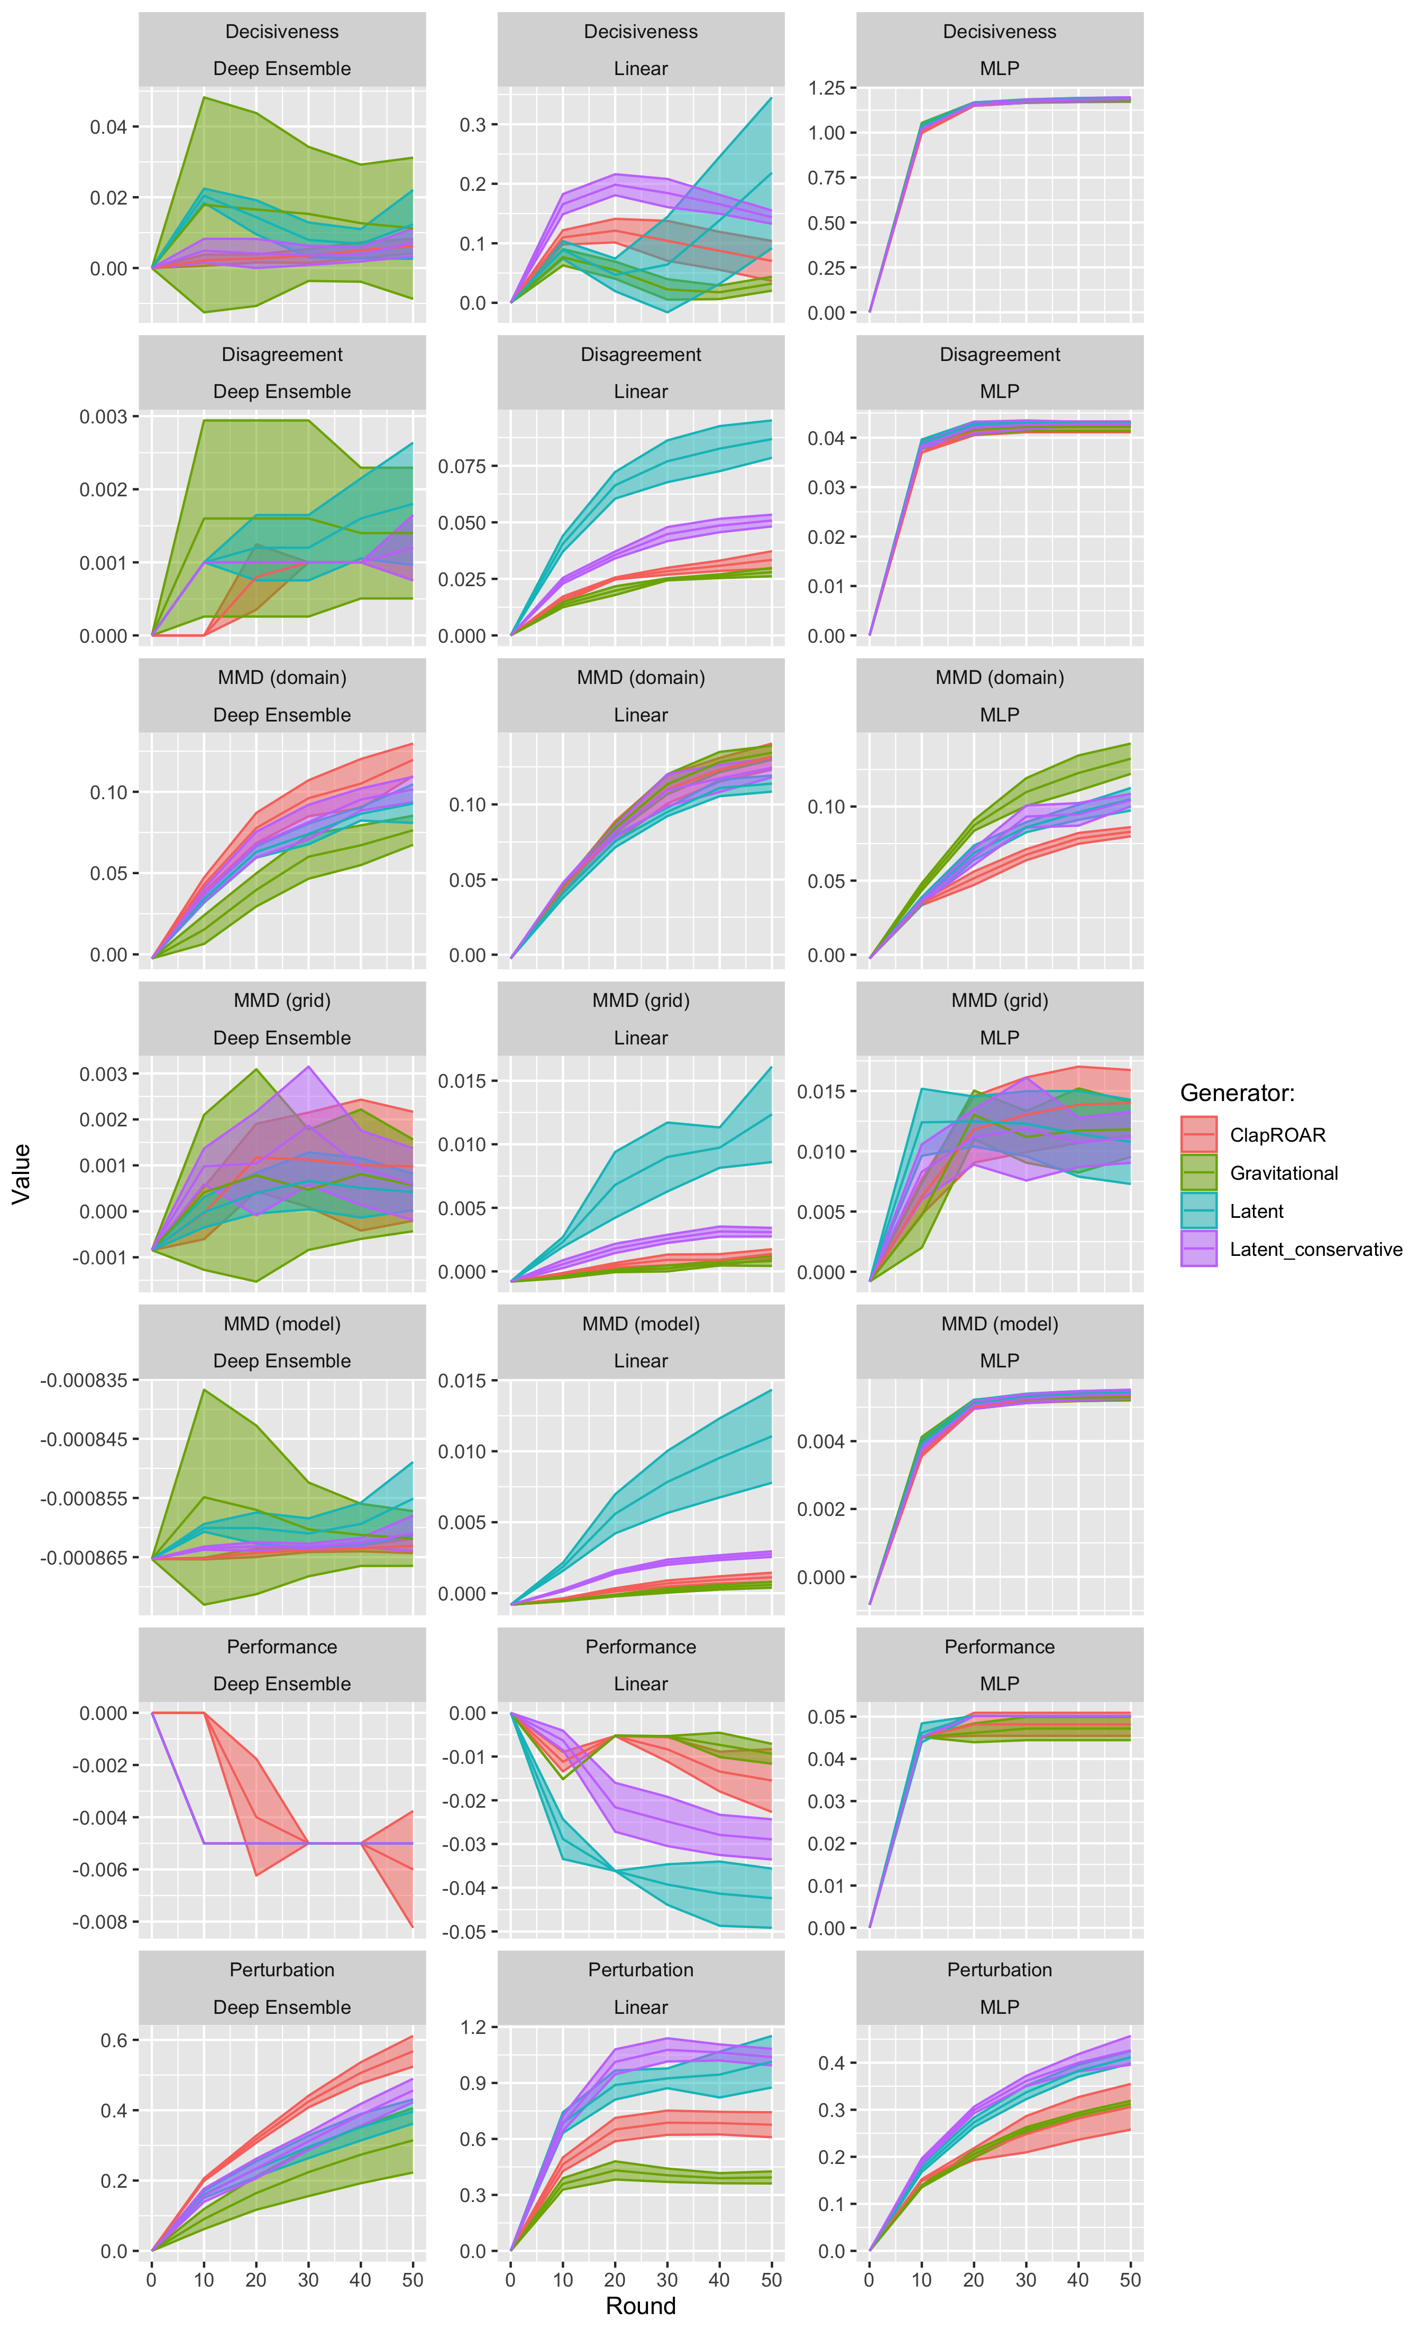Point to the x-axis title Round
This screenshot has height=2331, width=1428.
[640, 2306]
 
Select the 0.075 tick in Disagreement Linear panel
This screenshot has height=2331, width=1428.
[462, 466]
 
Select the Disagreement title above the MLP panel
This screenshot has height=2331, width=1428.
[999, 355]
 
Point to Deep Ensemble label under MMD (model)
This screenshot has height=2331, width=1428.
[282, 1361]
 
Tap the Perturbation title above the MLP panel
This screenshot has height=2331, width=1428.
[999, 1969]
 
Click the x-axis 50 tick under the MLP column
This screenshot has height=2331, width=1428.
[1130, 2280]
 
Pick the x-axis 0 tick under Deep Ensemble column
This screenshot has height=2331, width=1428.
[151, 2280]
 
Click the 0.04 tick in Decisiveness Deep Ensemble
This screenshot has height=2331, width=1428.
[109, 127]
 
